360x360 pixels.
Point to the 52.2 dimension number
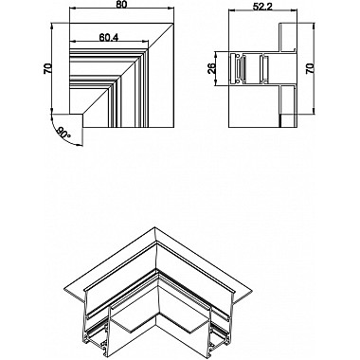[263, 9]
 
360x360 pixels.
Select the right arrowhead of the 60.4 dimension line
[149, 44]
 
